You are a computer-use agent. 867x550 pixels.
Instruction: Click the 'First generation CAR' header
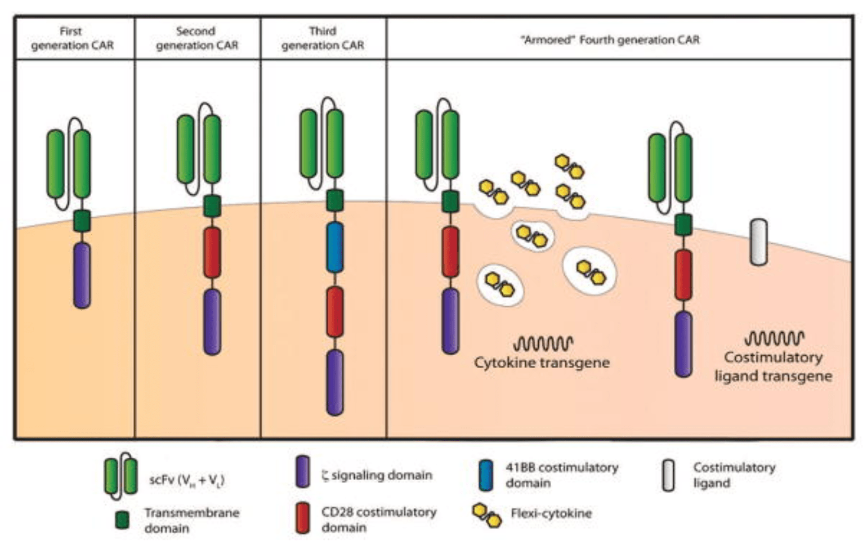point(72,38)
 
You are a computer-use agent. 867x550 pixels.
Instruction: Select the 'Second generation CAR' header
point(196,38)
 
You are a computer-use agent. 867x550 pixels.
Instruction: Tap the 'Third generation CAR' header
point(323,38)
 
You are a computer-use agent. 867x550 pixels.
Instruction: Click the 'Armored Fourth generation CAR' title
point(610,40)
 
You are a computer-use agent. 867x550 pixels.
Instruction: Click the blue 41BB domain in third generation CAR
point(335,247)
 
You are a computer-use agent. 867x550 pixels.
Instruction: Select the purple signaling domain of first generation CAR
point(82,275)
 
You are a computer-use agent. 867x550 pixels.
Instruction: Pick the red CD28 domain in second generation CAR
point(212,253)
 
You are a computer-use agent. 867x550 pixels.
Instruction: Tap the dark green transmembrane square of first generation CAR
point(82,221)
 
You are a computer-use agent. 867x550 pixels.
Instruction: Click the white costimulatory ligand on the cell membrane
point(758,242)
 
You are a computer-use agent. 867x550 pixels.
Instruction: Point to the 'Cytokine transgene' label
point(542,363)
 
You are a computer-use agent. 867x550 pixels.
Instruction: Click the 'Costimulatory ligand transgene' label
point(773,366)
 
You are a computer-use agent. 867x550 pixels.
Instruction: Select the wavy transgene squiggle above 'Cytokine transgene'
point(543,343)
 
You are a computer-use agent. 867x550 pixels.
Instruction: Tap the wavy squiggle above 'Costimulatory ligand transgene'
point(774,338)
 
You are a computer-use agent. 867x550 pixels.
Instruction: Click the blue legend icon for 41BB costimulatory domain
point(485,475)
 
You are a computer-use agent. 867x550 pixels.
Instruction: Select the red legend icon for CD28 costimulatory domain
point(303,518)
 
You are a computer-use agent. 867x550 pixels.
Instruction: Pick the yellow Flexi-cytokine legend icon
point(487,515)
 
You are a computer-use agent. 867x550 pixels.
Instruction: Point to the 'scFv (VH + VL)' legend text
point(187,480)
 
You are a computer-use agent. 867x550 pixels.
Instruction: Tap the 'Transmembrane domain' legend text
point(191,520)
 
